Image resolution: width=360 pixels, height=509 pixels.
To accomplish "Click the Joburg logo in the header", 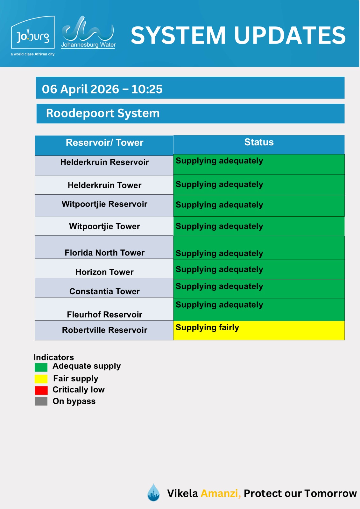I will pos(33,36).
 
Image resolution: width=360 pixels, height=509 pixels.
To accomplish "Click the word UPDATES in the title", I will pos(290,35).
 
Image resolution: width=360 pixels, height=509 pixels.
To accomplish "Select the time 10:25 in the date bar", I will pos(147,89).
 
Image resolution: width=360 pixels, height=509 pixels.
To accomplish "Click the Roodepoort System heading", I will pos(103,113).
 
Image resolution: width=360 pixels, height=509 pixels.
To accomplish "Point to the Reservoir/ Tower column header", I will pos(104,143).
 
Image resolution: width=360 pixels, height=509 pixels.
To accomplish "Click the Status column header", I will pos(259,142).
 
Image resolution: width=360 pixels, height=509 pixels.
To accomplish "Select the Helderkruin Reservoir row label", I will pos(104,162).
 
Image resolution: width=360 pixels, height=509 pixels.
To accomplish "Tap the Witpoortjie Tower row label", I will pos(104,226).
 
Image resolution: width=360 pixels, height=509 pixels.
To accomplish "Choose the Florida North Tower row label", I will pos(104,253).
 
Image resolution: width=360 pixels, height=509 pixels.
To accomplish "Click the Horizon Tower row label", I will pos(104,272).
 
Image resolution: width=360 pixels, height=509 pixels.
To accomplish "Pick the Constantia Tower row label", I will pos(104,291).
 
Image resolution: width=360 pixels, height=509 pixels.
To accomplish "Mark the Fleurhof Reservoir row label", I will pos(104,314).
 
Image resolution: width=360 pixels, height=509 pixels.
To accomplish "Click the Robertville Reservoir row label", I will pos(104,330).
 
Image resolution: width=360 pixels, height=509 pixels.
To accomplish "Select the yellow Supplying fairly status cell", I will pos(259,330).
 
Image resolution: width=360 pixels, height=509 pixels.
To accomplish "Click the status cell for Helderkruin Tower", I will pos(259,185).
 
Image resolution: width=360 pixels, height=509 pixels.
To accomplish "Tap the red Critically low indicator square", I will pos(41,390).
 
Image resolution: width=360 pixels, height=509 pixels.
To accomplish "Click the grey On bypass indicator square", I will pos(41,401).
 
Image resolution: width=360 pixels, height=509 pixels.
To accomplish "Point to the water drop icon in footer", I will pos(153,492).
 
